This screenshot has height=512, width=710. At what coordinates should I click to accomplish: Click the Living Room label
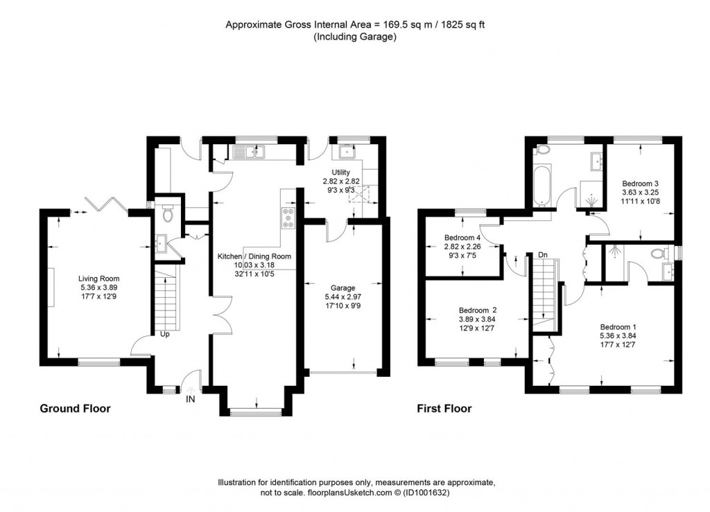(x=98, y=279)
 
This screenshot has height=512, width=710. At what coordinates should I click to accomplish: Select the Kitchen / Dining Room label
(x=254, y=256)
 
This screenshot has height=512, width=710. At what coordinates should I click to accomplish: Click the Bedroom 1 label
(x=618, y=327)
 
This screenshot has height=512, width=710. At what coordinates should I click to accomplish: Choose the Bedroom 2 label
(x=478, y=310)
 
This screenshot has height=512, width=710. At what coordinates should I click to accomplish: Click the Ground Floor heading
(x=75, y=409)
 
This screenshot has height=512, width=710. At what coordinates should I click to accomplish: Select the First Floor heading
(x=444, y=409)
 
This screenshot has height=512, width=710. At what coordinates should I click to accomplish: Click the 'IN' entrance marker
(x=191, y=399)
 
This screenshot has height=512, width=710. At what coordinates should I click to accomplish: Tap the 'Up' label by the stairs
(x=165, y=334)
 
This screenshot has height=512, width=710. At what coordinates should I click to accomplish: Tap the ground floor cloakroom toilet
(x=166, y=214)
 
